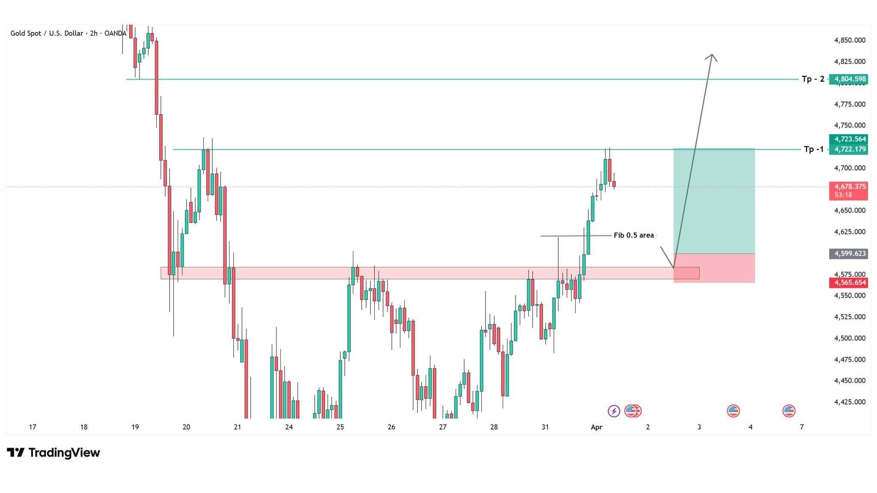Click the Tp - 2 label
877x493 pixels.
(x=813, y=79)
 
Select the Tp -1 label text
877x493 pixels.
(x=814, y=149)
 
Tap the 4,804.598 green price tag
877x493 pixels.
(x=848, y=79)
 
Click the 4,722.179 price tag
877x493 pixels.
(x=848, y=149)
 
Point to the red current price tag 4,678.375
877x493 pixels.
(x=848, y=191)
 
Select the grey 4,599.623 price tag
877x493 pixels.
(x=848, y=254)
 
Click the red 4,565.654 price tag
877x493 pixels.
(x=848, y=282)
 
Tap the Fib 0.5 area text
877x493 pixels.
(x=634, y=235)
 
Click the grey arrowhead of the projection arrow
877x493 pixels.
(x=712, y=57)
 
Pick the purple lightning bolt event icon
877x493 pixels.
(x=614, y=411)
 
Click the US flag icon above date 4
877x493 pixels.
(x=733, y=411)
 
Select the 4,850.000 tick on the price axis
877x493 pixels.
(x=850, y=40)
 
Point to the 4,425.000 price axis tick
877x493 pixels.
(x=850, y=402)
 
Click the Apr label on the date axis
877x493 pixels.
(x=597, y=427)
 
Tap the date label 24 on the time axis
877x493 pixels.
(x=289, y=427)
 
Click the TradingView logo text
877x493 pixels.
(x=64, y=453)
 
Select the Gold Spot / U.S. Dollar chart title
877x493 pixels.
(x=47, y=33)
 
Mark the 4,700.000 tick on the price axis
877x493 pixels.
(x=850, y=168)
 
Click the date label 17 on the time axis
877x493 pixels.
(x=33, y=427)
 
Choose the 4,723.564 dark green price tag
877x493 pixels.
(x=848, y=139)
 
